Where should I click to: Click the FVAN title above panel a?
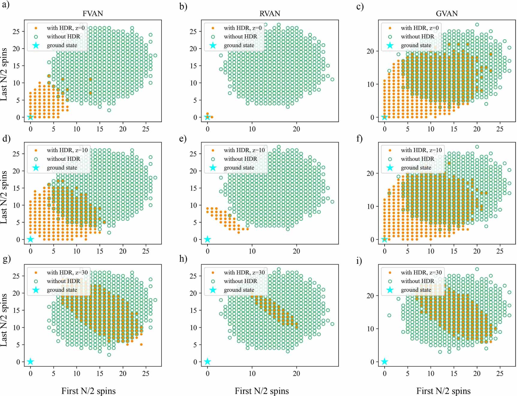point(93,14)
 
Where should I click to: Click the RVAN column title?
point(270,14)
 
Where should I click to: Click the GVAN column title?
point(447,14)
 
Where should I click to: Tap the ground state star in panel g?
point(30,361)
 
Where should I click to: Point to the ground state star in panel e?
point(207,239)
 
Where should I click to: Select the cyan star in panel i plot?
point(385,361)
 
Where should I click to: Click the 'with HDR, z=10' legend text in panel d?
point(67,150)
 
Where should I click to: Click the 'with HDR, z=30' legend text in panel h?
point(244,272)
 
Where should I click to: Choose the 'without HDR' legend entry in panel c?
point(417,37)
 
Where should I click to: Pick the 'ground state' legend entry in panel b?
point(239,45)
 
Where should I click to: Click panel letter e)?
point(183,138)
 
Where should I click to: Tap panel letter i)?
point(359,261)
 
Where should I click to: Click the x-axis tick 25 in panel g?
point(146,373)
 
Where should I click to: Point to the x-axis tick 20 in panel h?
point(296,373)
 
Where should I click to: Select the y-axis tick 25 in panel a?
point(16,32)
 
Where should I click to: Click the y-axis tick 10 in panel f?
point(370,207)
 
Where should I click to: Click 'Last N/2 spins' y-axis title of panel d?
point(4,197)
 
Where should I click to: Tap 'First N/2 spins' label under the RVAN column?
point(262,391)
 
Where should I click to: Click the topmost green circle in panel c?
point(477,25)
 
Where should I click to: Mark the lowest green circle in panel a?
point(109,110)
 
